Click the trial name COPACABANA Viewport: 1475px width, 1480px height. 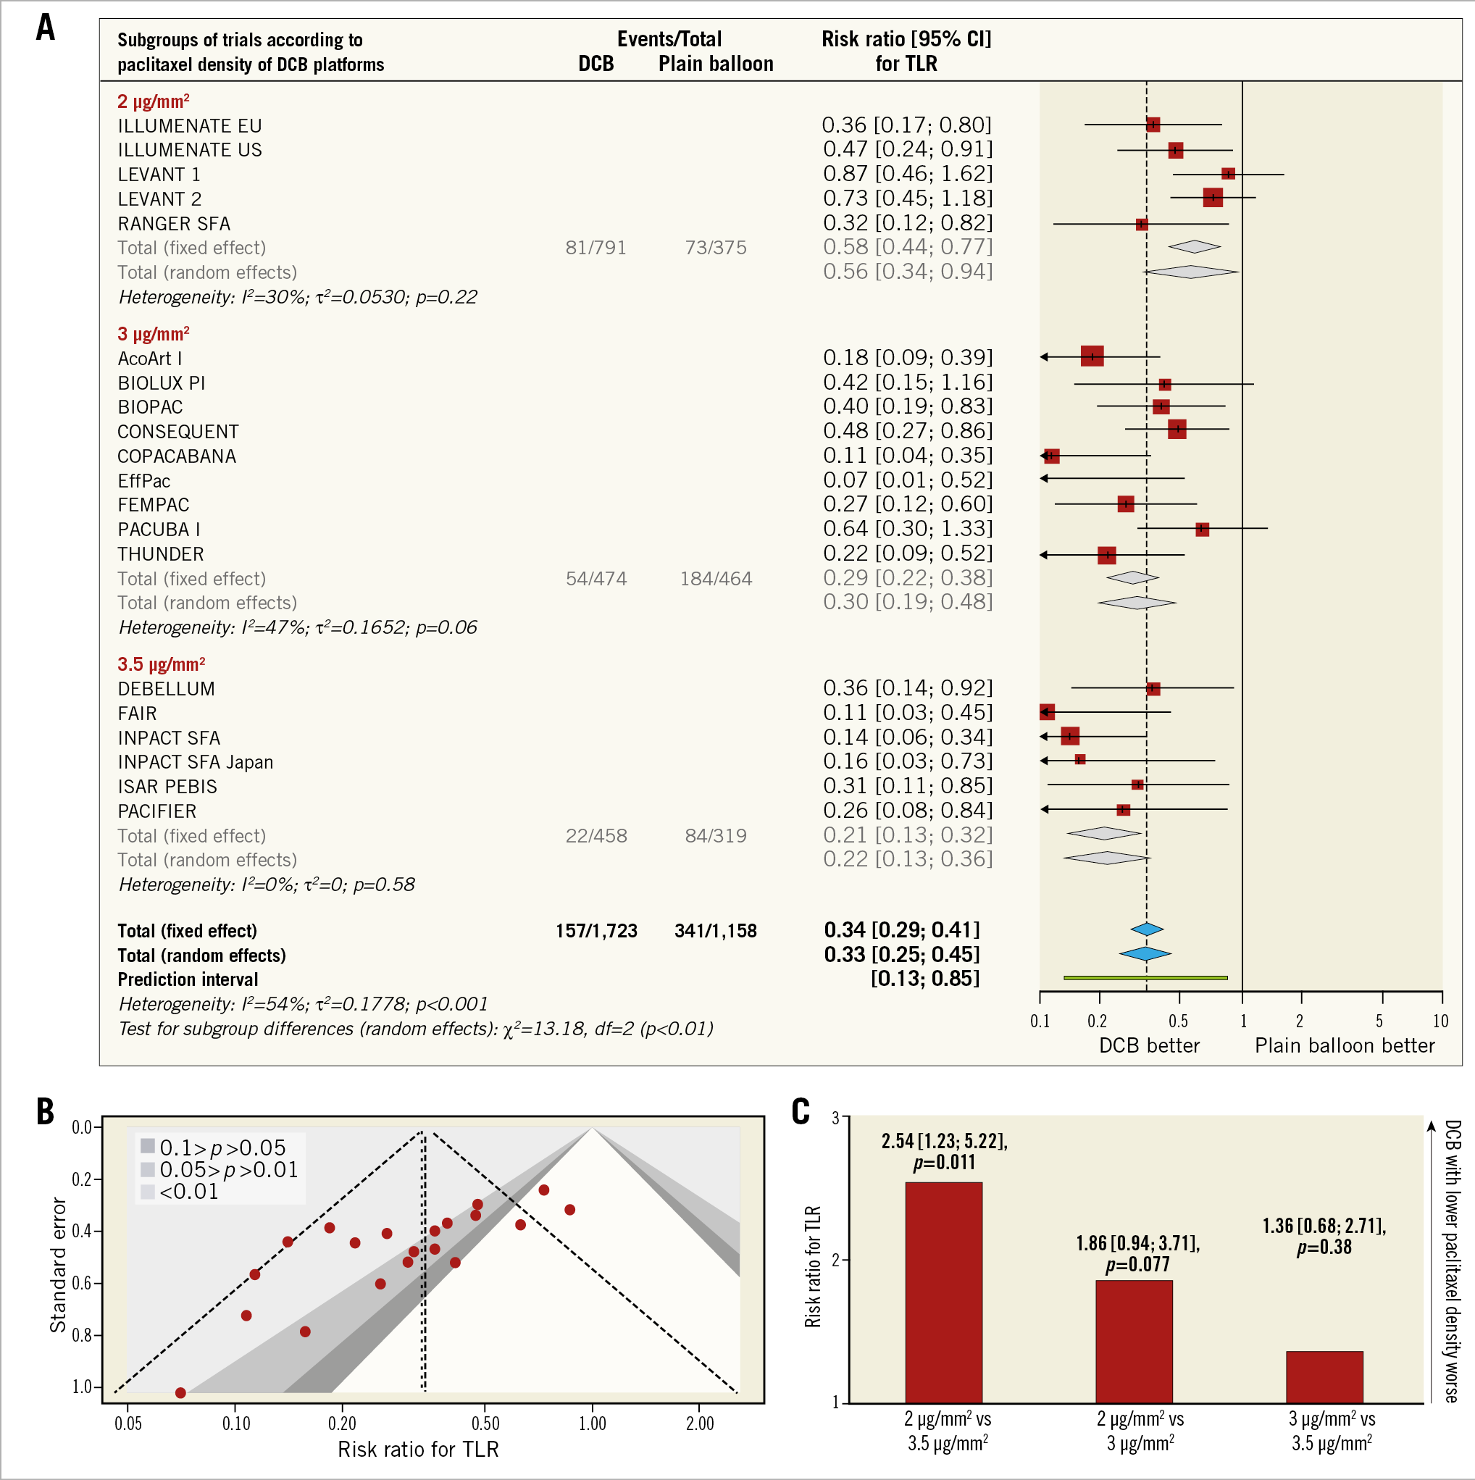pos(176,456)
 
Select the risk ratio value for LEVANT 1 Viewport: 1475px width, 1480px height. pos(907,174)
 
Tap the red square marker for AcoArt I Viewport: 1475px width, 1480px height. pos(1092,356)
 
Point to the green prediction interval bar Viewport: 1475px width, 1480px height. pos(1145,978)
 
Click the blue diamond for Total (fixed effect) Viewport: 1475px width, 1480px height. pos(1147,930)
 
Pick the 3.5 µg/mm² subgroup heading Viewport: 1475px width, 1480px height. pos(161,664)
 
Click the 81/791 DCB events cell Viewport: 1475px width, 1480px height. pos(596,248)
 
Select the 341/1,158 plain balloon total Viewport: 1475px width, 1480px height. pos(715,931)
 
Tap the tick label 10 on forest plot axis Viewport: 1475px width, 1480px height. pos(1440,1021)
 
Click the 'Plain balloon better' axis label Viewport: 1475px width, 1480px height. pos(1344,1045)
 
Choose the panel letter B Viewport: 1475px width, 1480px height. pos(45,1111)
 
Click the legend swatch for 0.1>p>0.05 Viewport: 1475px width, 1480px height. pos(148,1146)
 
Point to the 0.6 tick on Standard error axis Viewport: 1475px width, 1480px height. pos(82,1283)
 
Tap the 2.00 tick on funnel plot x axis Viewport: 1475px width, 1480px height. pos(700,1424)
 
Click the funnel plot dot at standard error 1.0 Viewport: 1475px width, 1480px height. pos(180,1392)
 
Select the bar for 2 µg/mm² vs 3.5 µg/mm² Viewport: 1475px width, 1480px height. pos(943,1292)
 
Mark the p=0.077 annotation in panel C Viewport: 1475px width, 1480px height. pos(1137,1265)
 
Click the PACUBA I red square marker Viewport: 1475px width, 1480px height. pos(1201,530)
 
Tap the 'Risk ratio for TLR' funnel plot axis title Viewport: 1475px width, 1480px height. pos(417,1450)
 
